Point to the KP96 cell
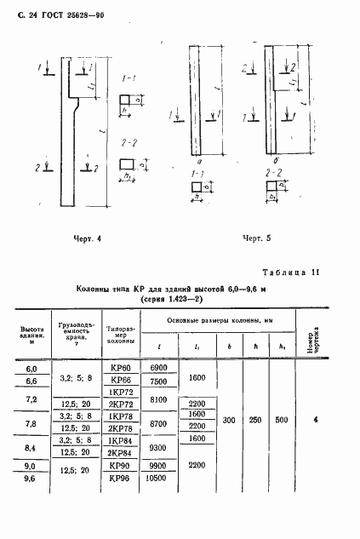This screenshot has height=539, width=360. click(x=120, y=479)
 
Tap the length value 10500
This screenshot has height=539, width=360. click(x=159, y=479)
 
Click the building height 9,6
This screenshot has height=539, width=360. click(x=32, y=479)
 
